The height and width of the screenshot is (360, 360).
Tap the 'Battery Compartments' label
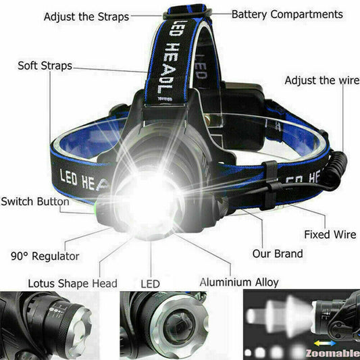point(287,14)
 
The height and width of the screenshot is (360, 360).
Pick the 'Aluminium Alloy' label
point(238,282)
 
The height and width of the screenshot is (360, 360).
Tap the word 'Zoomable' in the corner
point(332,352)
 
